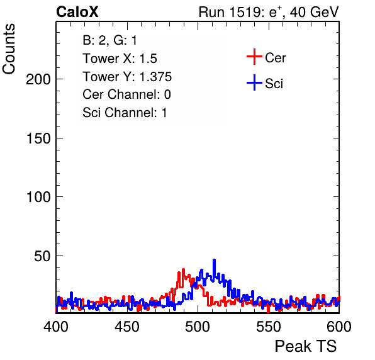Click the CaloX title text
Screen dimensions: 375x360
point(77,12)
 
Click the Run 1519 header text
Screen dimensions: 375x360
point(269,12)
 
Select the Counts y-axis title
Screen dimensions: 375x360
point(9,49)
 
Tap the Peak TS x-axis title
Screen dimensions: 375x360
point(306,346)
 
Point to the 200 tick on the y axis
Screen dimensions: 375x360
point(38,79)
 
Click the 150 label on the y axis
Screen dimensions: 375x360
point(38,138)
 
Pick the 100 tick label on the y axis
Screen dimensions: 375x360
point(38,197)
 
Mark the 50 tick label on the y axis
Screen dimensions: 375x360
point(42,256)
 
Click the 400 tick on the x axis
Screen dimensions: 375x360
point(56,327)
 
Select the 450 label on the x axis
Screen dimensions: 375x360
point(126,327)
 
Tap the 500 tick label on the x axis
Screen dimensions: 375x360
point(198,327)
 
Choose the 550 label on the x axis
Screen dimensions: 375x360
point(268,327)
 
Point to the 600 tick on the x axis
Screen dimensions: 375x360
point(339,327)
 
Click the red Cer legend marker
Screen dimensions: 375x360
point(254,57)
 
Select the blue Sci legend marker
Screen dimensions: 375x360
point(254,82)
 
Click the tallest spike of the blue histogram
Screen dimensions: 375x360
point(215,261)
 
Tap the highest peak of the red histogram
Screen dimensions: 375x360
point(184,270)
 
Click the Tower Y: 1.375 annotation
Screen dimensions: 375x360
point(127,77)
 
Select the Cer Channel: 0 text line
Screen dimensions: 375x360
point(126,94)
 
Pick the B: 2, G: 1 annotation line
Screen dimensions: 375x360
point(109,40)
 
